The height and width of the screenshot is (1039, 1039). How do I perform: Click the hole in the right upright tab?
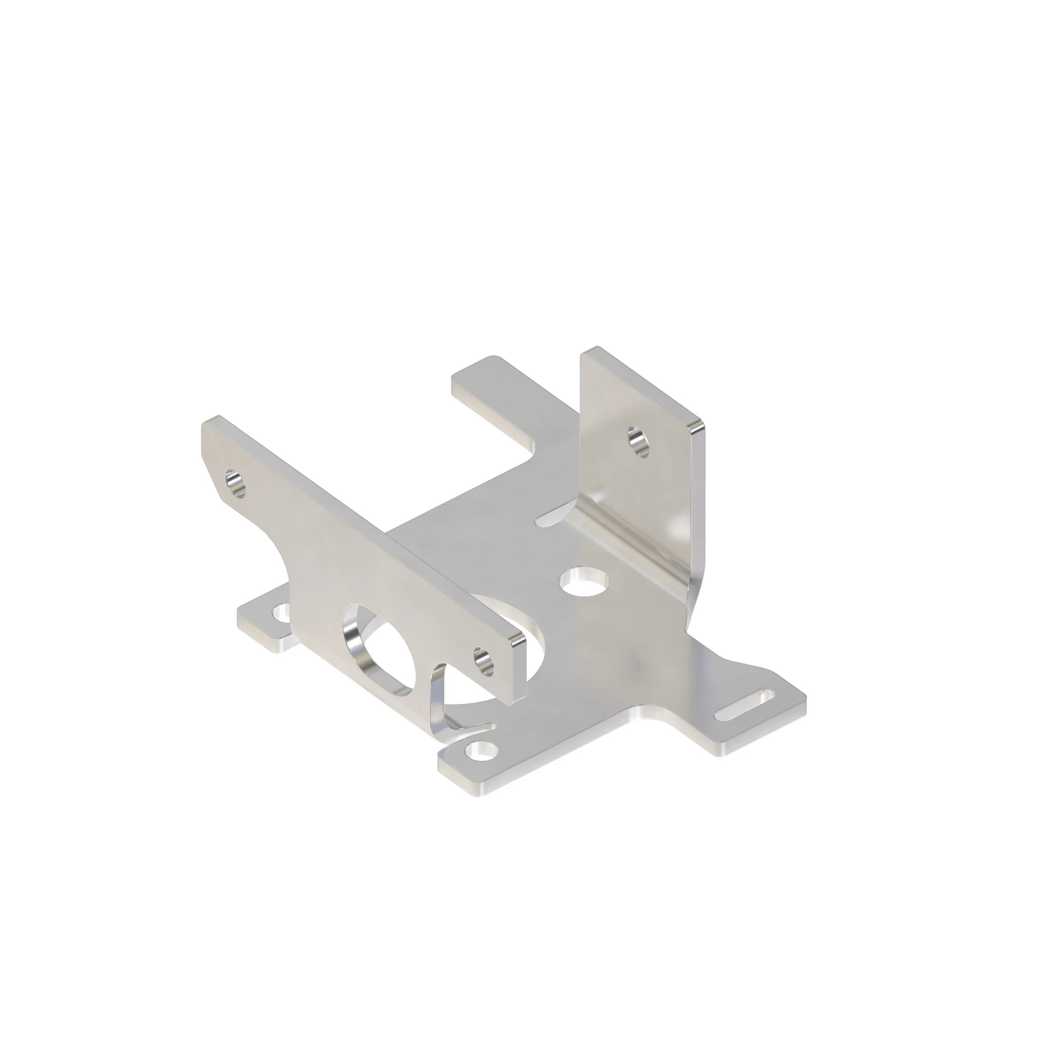pos(638,443)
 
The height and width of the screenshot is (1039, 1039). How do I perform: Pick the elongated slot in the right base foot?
pos(745,704)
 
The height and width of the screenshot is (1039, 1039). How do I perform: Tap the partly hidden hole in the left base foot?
pos(282,611)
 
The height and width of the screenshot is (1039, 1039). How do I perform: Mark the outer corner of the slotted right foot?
pos(805,699)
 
